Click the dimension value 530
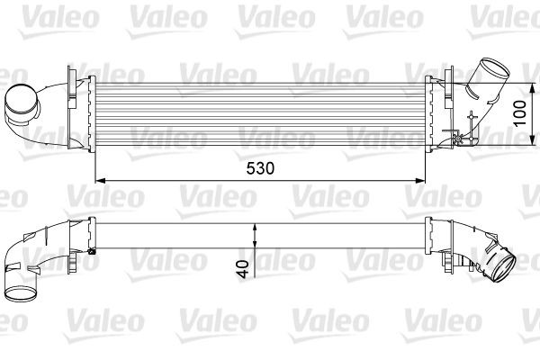pyautogui.click(x=259, y=168)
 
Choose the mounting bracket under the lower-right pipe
pyautogui.click(x=463, y=264)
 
